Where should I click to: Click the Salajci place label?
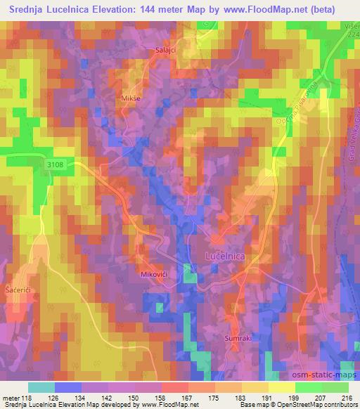tap(166, 50)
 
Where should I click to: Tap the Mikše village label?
tap(131, 98)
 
